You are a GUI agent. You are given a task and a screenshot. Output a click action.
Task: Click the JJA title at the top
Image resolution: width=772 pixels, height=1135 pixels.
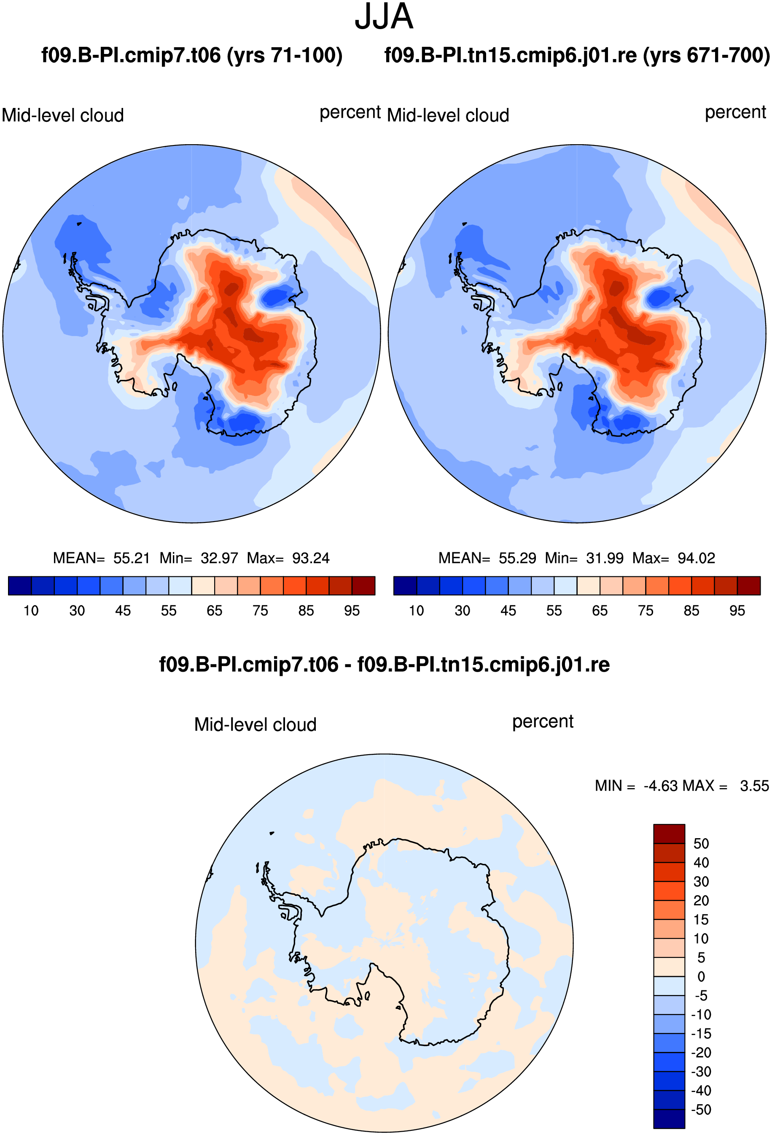pos(384,16)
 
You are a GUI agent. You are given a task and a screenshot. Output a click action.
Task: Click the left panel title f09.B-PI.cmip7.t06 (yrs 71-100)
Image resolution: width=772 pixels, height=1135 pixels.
pos(192,55)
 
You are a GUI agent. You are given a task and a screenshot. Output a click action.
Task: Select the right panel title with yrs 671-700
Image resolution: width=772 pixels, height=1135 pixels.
pos(577,55)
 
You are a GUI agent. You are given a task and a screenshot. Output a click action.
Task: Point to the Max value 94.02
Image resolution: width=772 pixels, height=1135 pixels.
pos(696,558)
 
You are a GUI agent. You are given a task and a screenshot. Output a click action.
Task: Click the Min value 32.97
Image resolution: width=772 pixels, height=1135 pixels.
pos(219,558)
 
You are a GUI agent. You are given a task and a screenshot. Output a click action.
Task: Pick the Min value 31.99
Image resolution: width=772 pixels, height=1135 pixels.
pos(605,558)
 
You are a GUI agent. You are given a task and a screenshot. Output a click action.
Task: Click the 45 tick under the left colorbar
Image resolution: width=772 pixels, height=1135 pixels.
pos(123,611)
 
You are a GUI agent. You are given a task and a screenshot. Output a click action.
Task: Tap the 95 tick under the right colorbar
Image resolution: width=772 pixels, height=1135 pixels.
pos(737,611)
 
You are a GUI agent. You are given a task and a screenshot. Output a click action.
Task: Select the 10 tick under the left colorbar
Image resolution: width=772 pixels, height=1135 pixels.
pos(31,611)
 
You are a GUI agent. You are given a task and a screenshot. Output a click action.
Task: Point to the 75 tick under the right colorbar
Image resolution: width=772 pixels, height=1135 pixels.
pos(646,611)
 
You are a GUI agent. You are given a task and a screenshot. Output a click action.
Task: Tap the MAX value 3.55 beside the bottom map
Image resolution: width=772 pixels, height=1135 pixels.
pos(754,786)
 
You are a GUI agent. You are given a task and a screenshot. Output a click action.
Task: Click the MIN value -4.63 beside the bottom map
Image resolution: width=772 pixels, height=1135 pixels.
pos(661,786)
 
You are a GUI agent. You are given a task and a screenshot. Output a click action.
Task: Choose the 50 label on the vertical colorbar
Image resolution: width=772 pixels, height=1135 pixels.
pos(701,843)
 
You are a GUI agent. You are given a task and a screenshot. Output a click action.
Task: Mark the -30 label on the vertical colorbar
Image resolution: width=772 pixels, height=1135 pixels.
pos(701,1071)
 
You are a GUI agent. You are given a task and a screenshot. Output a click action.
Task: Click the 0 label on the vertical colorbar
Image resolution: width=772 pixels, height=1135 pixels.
pos(701,976)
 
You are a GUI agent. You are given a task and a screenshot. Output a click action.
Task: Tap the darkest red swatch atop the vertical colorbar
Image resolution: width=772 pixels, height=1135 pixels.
pos(669,834)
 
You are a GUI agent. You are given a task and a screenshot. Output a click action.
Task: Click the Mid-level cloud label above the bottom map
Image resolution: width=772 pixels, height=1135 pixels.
pos(256,725)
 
